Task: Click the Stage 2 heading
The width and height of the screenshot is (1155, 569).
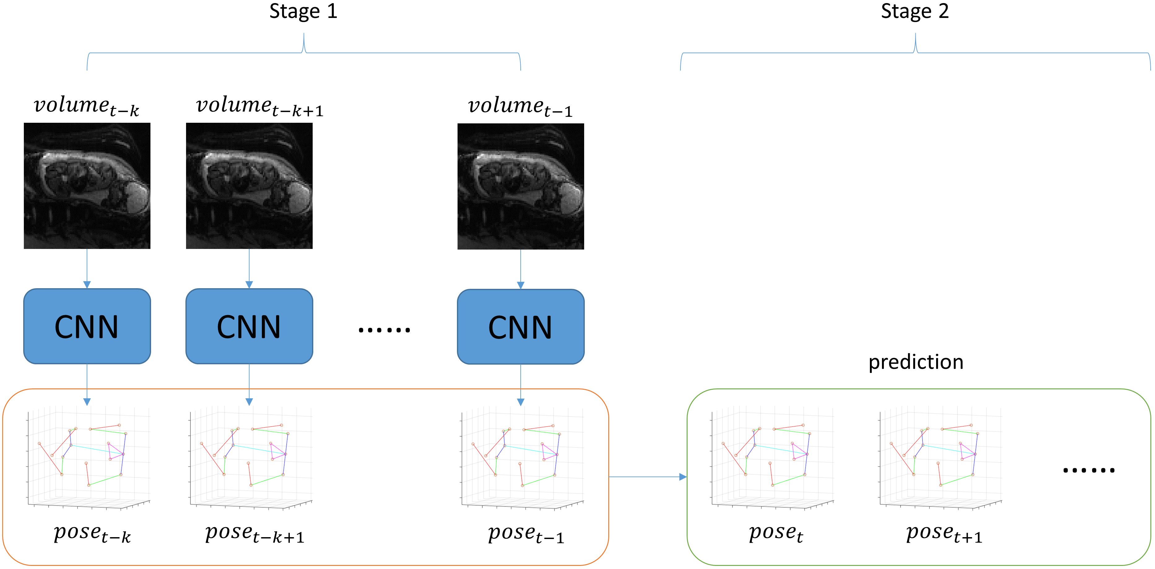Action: (915, 11)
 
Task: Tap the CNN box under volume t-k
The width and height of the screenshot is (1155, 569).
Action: (87, 326)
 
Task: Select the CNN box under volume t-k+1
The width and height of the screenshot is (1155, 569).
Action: (249, 326)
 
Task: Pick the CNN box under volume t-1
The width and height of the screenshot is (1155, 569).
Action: (521, 327)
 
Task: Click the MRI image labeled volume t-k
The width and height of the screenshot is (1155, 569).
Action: (87, 186)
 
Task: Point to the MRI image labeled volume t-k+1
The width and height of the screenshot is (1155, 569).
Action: (249, 186)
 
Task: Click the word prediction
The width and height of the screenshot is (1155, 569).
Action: (916, 362)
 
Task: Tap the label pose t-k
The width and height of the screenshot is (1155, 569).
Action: (92, 533)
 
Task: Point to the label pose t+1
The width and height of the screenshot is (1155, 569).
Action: (944, 533)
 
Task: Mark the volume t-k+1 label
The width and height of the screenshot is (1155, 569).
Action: (260, 107)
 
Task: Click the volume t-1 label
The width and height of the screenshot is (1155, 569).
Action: (520, 107)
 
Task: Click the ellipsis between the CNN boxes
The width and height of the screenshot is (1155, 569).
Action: (384, 330)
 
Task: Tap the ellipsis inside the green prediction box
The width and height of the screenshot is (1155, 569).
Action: (1089, 470)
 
